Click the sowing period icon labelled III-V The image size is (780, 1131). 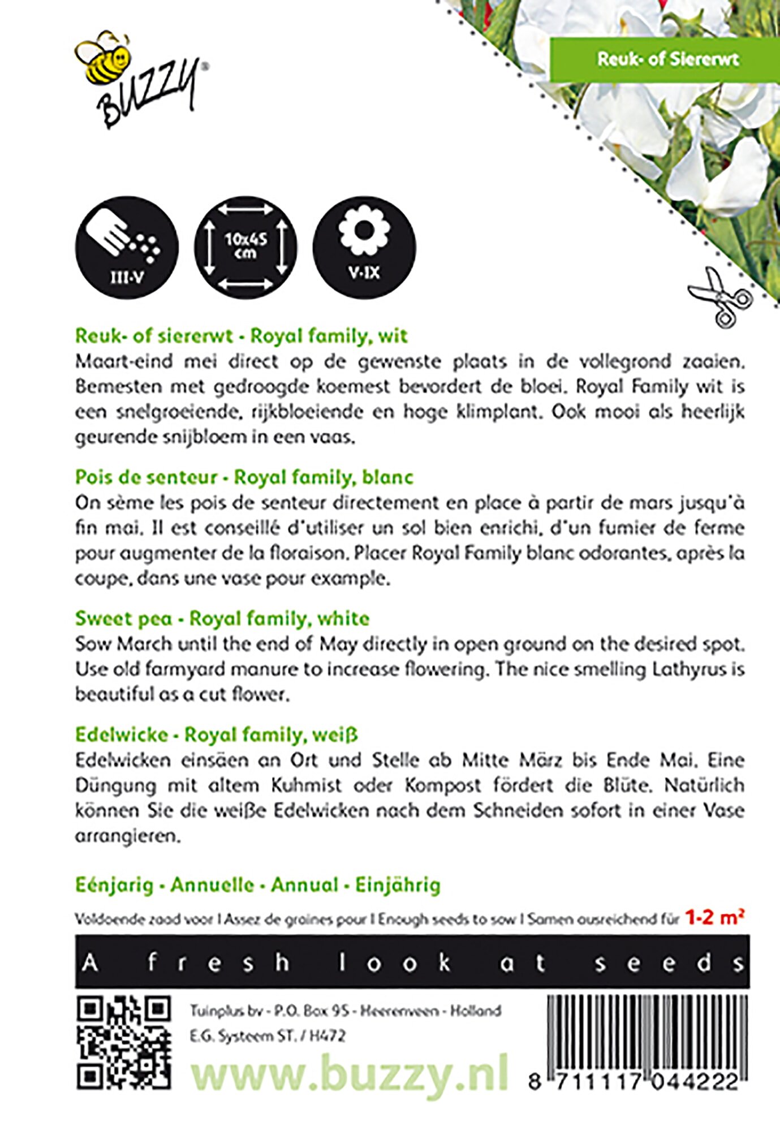127,248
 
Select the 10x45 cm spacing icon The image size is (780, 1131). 245,248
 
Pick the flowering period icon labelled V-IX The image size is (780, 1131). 364,248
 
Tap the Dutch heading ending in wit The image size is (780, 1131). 241,336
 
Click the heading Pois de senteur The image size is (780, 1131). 146,477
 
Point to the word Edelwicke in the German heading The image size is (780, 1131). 122,735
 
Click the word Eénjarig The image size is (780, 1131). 114,885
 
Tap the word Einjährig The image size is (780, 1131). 398,885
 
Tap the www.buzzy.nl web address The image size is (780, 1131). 349,1074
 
